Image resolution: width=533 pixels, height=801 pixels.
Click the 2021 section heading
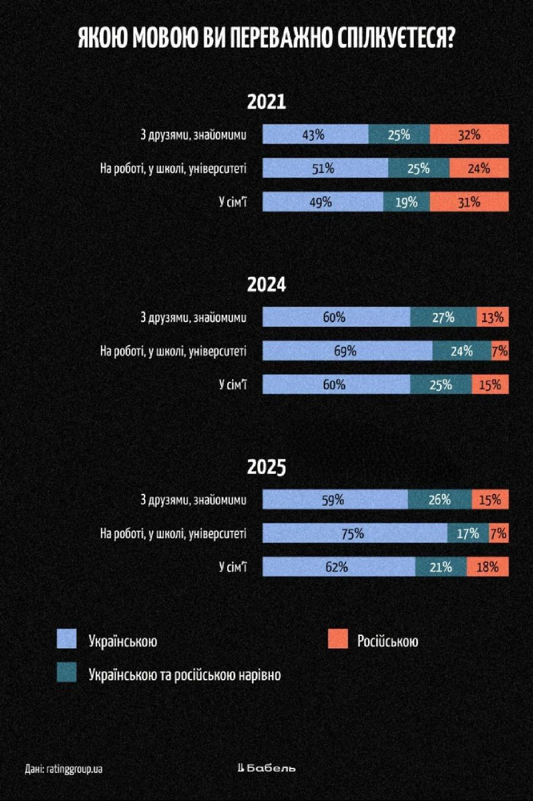click(x=266, y=102)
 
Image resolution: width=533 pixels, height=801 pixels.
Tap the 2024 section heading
click(x=266, y=285)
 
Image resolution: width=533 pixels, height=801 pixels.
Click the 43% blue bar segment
click(x=315, y=134)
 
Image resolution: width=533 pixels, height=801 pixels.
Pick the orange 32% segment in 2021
click(x=469, y=134)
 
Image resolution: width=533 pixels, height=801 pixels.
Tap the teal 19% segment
click(x=407, y=202)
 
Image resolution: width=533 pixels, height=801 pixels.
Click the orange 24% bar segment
click(x=479, y=168)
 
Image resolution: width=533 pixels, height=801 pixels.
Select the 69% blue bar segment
click(x=347, y=351)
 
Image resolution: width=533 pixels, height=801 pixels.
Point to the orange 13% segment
click(x=492, y=317)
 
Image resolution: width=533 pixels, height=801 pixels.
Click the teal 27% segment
click(x=443, y=317)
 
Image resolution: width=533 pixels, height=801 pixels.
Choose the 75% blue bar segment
click(x=355, y=533)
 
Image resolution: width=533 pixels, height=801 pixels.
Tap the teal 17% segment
click(x=468, y=533)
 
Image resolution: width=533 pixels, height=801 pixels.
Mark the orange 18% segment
click(x=488, y=567)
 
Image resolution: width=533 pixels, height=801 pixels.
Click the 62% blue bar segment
click(x=339, y=567)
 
